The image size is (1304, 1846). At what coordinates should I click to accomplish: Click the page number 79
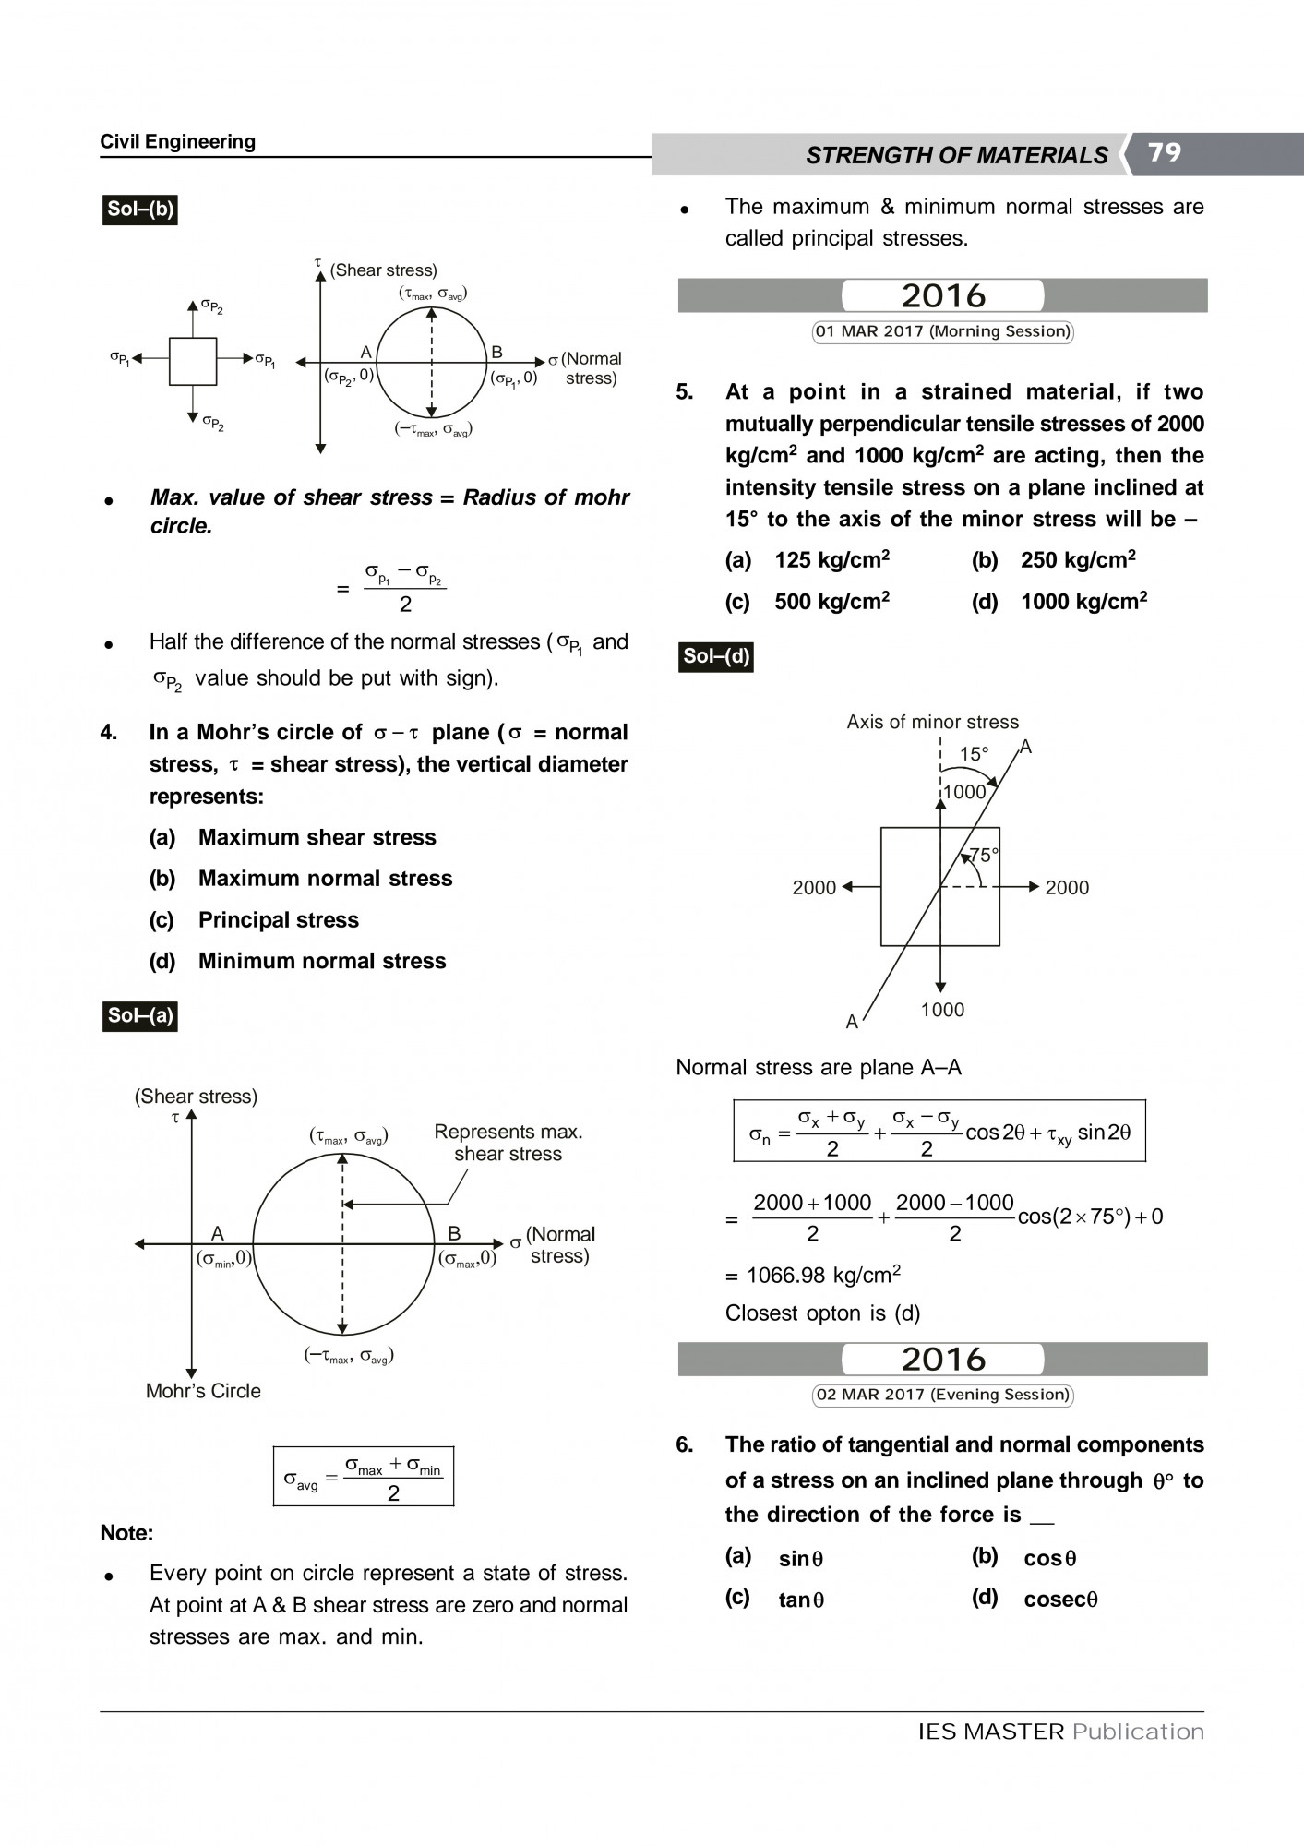(x=1165, y=152)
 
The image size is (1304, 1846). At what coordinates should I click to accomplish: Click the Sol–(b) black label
(x=139, y=210)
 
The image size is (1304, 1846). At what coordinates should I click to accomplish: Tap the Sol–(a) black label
(x=139, y=1016)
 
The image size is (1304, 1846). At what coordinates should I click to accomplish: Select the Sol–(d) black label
(x=715, y=656)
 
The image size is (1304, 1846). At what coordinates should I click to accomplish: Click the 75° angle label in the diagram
(x=984, y=856)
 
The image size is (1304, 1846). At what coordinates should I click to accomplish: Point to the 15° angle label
(x=974, y=754)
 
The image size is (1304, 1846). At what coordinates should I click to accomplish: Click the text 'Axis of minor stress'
(x=932, y=722)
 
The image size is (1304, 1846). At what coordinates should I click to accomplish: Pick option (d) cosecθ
(x=1059, y=1600)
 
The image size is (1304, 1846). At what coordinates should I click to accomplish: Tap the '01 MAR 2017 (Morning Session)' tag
(x=942, y=331)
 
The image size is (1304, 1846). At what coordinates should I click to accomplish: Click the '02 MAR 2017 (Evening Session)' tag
(x=942, y=1395)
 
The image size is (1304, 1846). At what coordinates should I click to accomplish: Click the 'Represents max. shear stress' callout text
(x=508, y=1143)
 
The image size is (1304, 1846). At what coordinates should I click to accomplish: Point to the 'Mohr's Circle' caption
(x=203, y=1391)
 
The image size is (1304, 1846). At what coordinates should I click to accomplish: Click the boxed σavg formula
(x=364, y=1476)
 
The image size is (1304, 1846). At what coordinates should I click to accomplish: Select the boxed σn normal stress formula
(x=939, y=1131)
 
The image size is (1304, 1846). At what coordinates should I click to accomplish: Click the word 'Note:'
(x=126, y=1533)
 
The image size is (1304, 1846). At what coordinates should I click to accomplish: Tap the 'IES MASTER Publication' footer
(x=1060, y=1732)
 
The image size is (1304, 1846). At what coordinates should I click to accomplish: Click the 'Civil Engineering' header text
(x=177, y=141)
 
